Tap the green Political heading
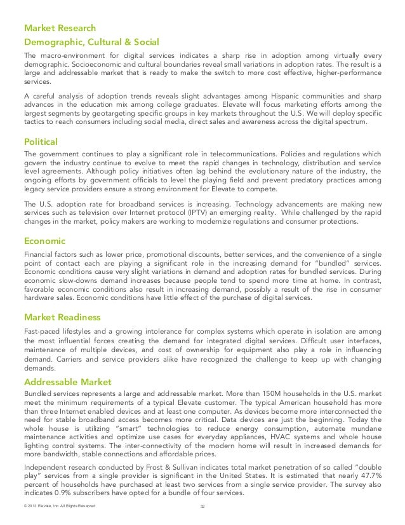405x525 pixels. pos(41,140)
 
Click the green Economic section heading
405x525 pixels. pos(46,241)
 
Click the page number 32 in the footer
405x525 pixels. pos(202,507)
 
